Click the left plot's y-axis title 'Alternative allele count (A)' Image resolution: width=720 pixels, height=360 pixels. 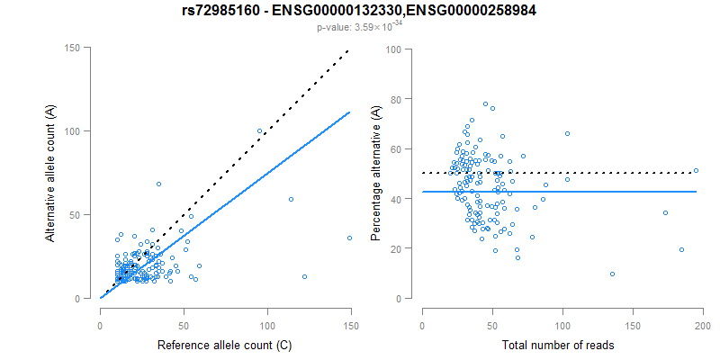pos(51,173)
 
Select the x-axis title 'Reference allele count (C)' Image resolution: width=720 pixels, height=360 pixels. pos(225,345)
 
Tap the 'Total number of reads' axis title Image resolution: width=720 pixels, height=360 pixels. pos(562,345)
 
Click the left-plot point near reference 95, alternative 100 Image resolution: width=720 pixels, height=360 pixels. pos(260,130)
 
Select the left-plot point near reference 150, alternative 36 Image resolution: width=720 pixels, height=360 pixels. pos(350,238)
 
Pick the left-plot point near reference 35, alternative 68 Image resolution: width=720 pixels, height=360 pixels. pos(158,184)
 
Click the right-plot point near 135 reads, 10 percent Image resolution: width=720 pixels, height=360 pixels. pos(612,274)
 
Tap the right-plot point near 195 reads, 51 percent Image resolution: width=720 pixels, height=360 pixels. pos(696,170)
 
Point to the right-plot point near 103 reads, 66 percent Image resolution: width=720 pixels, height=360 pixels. pos(567,133)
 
